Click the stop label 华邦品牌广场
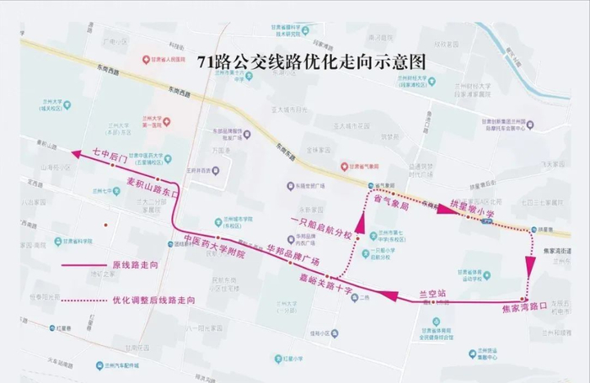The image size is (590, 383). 292,254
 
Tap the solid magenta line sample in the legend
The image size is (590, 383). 84,265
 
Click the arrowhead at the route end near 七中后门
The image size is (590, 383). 78,153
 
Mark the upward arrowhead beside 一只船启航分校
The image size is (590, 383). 360,222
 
